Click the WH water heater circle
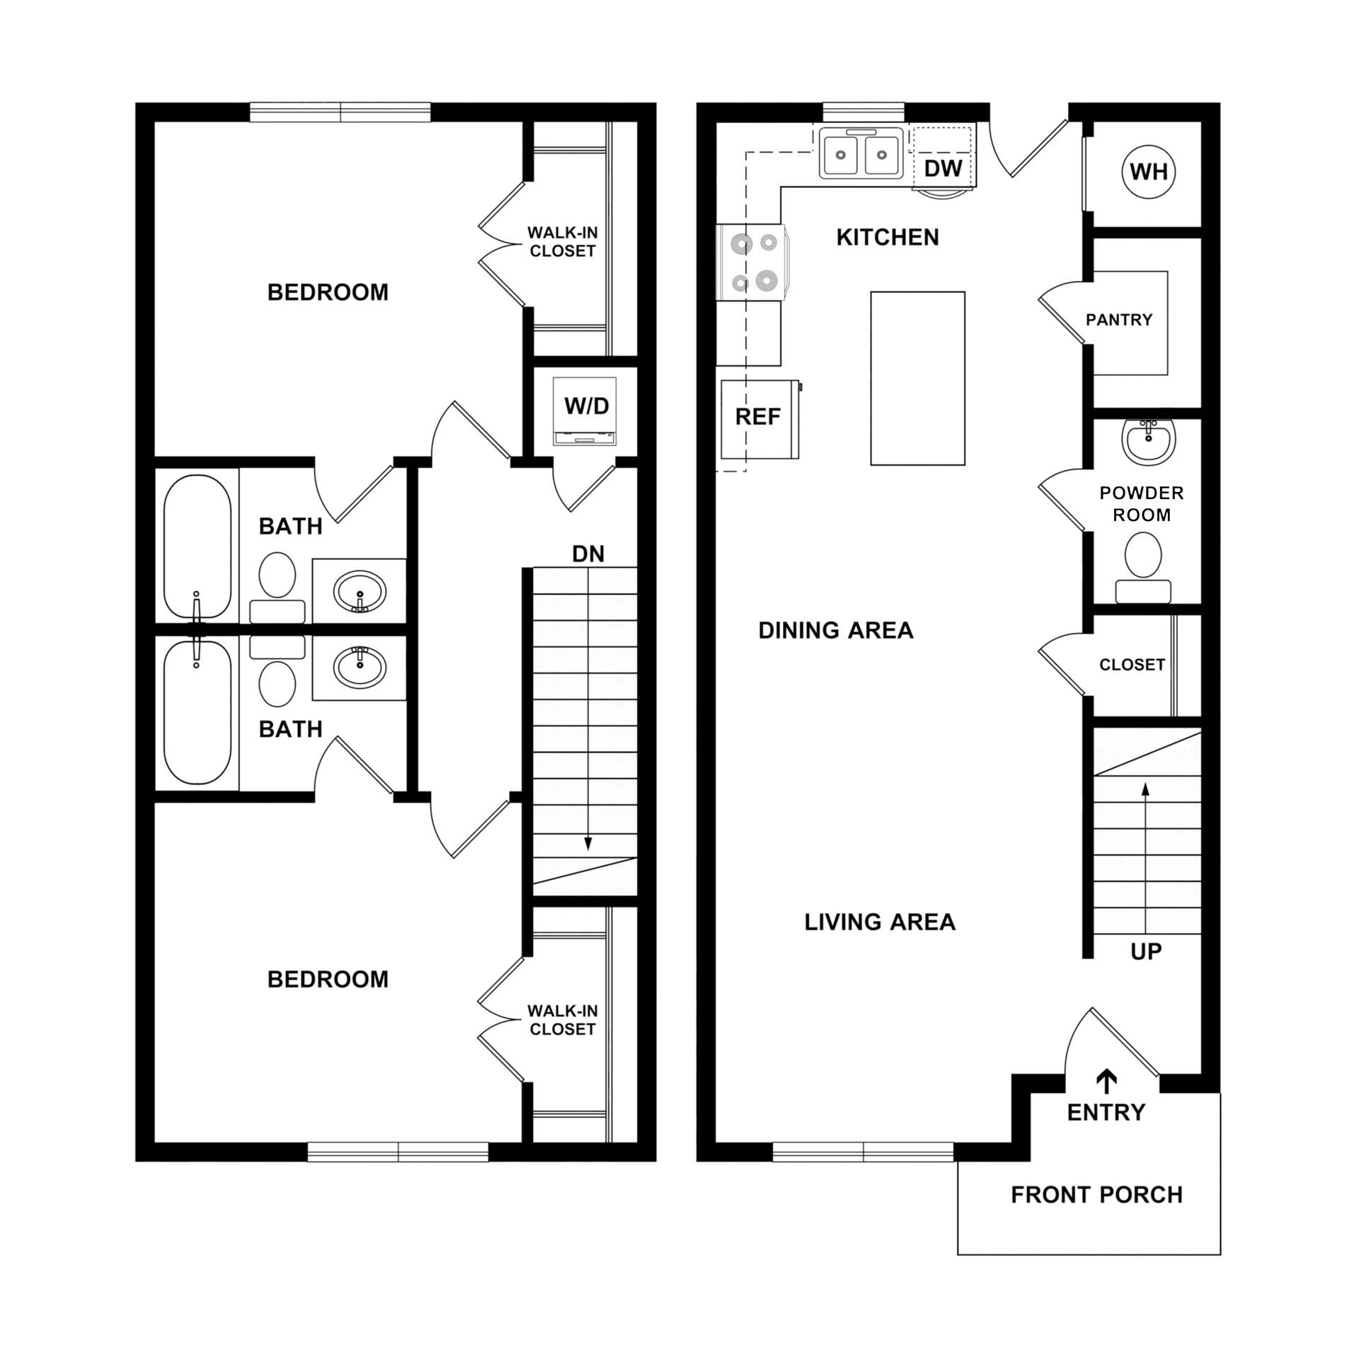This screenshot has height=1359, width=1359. tap(1149, 172)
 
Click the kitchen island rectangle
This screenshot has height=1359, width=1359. tap(917, 379)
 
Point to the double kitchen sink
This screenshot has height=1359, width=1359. tap(859, 154)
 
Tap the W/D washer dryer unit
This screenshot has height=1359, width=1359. tap(586, 411)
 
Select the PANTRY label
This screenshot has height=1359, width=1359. tap(1119, 320)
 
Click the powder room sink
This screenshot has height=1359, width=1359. tap(1148, 440)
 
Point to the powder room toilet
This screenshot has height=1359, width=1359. tap(1142, 566)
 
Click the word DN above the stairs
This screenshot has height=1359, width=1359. tap(588, 554)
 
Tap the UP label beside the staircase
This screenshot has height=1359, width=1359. tap(1146, 952)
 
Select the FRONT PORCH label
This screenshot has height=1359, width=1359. tap(1096, 1195)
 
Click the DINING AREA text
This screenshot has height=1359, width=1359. tap(836, 630)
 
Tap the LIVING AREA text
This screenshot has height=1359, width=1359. tap(880, 922)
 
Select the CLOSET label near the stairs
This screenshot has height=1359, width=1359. tap(1132, 665)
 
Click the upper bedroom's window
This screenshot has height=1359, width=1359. tap(340, 113)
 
